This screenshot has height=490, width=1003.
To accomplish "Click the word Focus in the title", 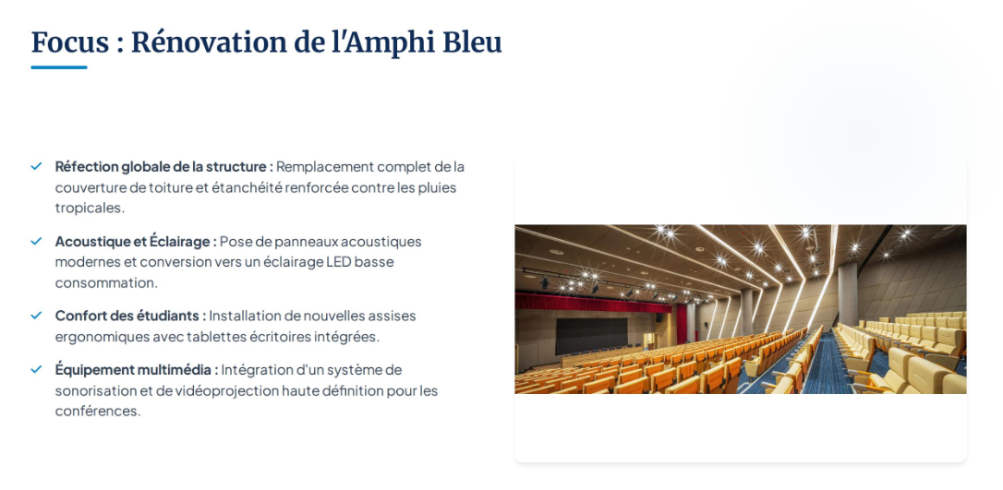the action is [70, 42].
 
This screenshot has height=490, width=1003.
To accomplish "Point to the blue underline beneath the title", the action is [59, 67].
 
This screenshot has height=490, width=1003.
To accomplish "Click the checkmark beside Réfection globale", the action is [36, 166].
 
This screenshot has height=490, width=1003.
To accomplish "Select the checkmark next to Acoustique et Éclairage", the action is [36, 241].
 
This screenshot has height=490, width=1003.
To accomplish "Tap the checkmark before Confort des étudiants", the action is [36, 315].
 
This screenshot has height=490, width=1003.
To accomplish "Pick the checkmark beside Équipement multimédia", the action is [36, 369].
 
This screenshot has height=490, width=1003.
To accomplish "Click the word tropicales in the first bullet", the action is [90, 209].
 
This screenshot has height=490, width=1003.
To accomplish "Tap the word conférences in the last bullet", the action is [97, 412].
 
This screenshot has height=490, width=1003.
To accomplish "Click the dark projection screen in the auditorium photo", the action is [592, 335].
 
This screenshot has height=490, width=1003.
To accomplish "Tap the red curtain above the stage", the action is [592, 303].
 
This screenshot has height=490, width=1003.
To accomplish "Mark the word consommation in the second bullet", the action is [105, 283].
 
